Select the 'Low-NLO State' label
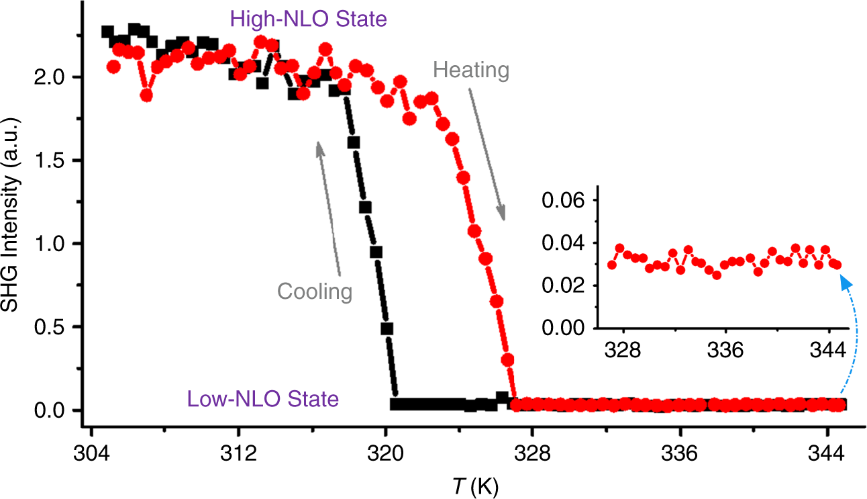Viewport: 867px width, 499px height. [x=263, y=400]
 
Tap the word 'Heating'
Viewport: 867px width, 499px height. [x=471, y=70]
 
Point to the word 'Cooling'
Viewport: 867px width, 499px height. [x=315, y=292]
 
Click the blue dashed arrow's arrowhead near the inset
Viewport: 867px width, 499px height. [x=842, y=282]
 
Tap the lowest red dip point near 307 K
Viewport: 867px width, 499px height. [x=146, y=95]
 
